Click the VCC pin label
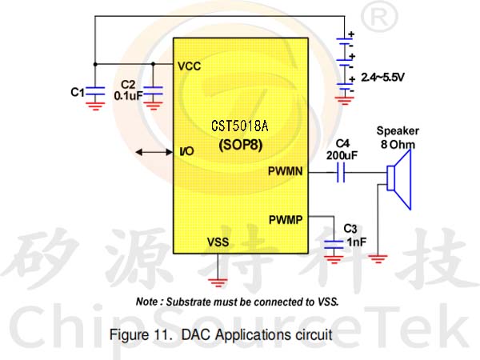(x=189, y=66)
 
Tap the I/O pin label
(x=186, y=151)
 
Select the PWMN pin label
(x=286, y=171)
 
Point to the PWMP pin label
(x=286, y=220)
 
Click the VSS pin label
(x=218, y=242)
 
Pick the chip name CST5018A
(x=240, y=126)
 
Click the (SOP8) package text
(x=241, y=145)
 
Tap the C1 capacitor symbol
(x=95, y=91)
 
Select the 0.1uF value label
(x=128, y=96)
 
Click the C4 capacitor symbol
(x=341, y=172)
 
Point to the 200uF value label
(x=342, y=155)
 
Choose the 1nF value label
(x=357, y=242)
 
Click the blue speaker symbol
(x=398, y=180)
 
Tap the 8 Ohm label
(x=398, y=144)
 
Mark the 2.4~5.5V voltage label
(x=382, y=77)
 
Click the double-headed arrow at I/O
(x=154, y=152)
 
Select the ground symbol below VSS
(x=218, y=282)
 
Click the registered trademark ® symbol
(x=379, y=18)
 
